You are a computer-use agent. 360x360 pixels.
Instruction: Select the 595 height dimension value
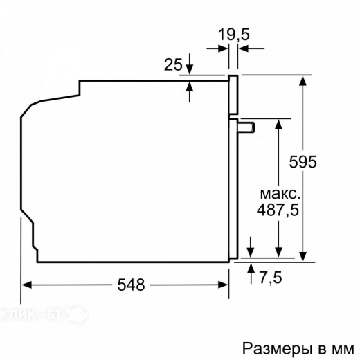pyautogui.click(x=303, y=162)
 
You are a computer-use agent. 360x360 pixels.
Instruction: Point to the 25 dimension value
pyautogui.click(x=173, y=65)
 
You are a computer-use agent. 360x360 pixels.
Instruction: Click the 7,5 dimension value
pyautogui.click(x=271, y=278)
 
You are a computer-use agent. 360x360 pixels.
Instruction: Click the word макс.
pyautogui.click(x=280, y=192)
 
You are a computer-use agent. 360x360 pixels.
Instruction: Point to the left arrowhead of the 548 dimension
pyautogui.click(x=28, y=284)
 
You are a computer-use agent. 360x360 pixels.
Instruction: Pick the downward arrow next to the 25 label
pyautogui.click(x=190, y=69)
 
